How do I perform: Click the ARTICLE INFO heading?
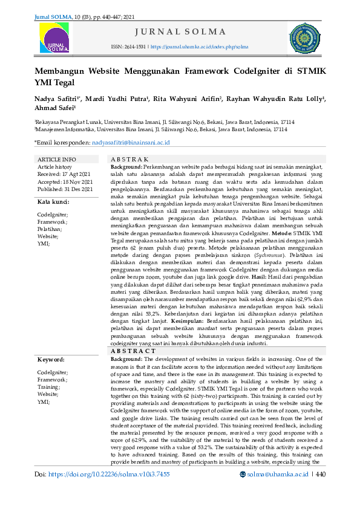tap(57, 160)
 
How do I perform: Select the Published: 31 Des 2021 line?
tap(65, 189)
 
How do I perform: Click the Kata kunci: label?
tap(53, 202)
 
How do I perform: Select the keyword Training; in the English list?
tap(49, 386)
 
